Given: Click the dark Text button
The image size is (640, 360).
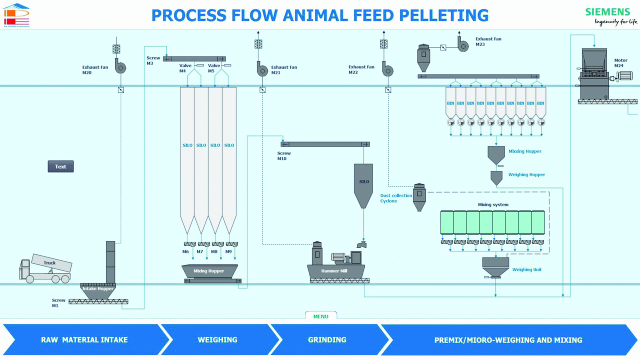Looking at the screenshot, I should pyautogui.click(x=60, y=166).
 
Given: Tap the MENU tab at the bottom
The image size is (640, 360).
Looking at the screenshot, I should pyautogui.click(x=321, y=316).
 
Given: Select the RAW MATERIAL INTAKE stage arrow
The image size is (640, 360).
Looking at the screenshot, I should pyautogui.click(x=84, y=340).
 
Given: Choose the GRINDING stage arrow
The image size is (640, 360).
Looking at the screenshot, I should pyautogui.click(x=327, y=340).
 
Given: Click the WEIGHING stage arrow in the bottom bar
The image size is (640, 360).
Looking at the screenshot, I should pyautogui.click(x=217, y=340).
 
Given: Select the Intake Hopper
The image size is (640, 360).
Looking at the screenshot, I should pyautogui.click(x=97, y=289).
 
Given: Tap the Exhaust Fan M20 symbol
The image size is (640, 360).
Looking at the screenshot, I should pyautogui.click(x=120, y=66).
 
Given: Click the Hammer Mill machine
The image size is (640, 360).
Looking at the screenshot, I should pyautogui.click(x=335, y=265).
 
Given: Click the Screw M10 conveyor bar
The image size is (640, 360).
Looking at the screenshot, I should pyautogui.click(x=325, y=144).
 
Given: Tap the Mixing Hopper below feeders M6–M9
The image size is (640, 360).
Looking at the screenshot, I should pyautogui.click(x=209, y=271).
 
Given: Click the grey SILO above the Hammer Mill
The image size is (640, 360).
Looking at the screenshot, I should pyautogui.click(x=363, y=185).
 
